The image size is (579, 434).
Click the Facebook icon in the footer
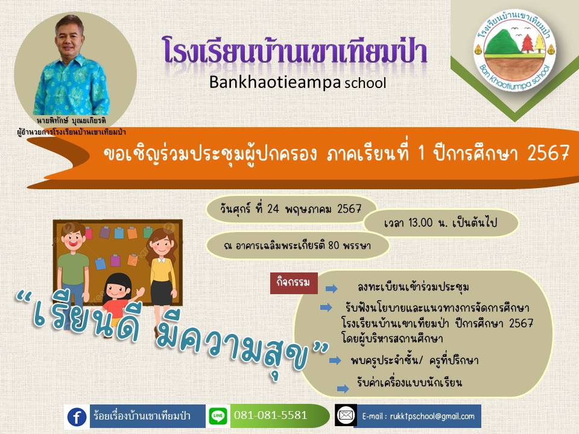coord(77,417)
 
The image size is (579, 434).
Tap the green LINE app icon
coord(218,416)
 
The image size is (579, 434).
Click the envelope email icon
coord(346,415)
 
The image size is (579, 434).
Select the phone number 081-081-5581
coord(271,415)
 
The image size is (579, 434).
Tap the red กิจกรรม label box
coord(294,283)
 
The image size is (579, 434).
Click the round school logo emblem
coord(514,51)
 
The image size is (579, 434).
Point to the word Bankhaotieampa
coord(275,83)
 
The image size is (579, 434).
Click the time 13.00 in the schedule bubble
coord(420,222)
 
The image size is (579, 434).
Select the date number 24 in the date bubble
coord(273,209)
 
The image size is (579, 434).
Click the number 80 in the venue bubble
coord(334,245)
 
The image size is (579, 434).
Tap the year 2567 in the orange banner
coord(548,153)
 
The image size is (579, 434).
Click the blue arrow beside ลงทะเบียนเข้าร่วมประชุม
coord(332,288)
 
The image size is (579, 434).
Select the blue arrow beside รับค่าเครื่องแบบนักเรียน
coord(343,388)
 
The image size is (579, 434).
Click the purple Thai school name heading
coord(295,50)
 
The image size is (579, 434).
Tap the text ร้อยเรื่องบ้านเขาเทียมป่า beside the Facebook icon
coord(142,417)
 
